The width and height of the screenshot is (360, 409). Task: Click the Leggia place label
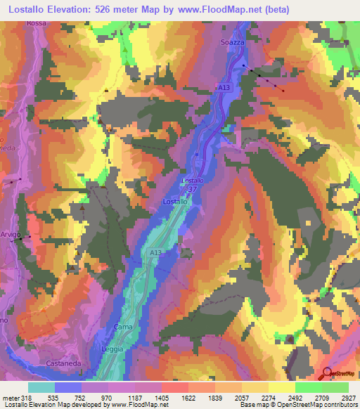114,349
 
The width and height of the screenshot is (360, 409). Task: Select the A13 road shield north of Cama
157,252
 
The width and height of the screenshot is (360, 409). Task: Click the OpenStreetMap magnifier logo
327,373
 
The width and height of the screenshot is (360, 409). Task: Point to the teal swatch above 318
41,387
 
